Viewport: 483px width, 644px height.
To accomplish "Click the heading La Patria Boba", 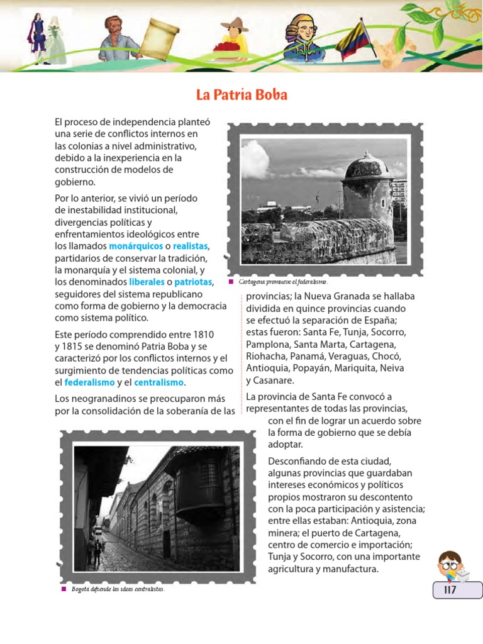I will (x=241, y=96).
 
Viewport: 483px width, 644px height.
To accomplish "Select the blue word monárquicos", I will (x=135, y=245).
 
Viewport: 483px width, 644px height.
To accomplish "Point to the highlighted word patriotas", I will (x=194, y=281).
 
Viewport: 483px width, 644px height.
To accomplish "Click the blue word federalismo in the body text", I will (x=89, y=382).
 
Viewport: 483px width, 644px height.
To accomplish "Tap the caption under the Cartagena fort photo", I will (x=283, y=282).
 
